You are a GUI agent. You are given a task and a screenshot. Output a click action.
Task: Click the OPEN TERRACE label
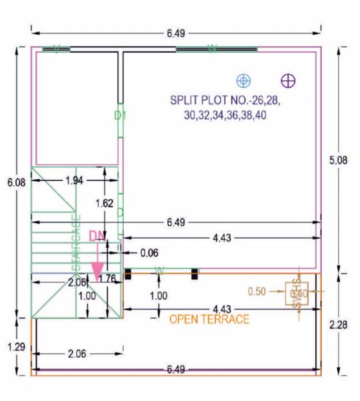[209, 319]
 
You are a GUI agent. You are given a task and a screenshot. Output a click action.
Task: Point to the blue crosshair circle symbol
[244, 80]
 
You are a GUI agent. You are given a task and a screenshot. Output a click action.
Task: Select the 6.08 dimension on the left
[14, 182]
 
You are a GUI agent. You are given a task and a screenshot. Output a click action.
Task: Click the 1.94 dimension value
[76, 181]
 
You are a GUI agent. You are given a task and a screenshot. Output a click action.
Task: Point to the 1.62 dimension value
[104, 203]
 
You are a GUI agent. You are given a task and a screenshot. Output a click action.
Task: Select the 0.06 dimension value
[150, 253]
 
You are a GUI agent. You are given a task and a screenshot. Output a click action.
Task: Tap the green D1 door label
[120, 116]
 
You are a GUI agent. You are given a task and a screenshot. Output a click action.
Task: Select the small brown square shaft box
[295, 293]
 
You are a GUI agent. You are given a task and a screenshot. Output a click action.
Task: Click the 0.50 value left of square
[258, 292]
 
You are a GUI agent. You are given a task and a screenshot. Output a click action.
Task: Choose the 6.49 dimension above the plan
[175, 32]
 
